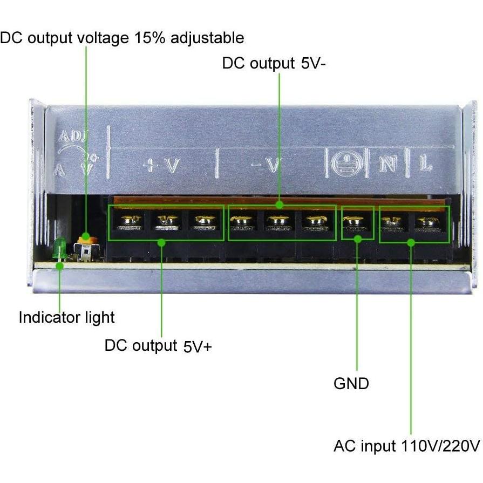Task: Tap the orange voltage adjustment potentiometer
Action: tap(85, 237)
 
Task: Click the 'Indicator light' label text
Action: tap(67, 317)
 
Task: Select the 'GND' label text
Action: tap(351, 384)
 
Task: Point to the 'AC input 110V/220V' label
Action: tap(406, 446)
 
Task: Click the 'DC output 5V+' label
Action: tap(158, 345)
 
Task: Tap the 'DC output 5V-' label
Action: tap(275, 64)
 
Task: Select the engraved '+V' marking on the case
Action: tap(162, 165)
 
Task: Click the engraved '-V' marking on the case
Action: tap(267, 165)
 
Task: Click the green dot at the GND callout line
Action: tap(357, 238)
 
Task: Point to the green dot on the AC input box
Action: tap(411, 242)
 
